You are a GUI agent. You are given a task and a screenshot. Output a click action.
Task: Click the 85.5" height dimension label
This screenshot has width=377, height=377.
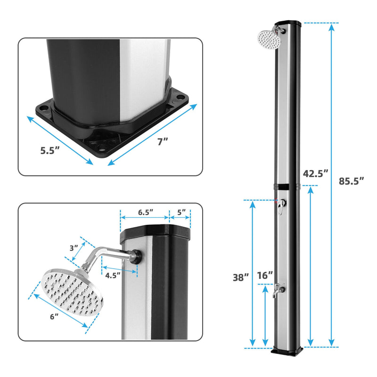[352, 180]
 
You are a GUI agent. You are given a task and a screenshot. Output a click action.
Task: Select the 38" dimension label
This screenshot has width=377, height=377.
[240, 278]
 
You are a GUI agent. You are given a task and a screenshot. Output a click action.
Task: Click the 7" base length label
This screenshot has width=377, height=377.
[163, 142]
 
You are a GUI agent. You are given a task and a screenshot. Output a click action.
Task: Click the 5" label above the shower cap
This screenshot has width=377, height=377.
[181, 212]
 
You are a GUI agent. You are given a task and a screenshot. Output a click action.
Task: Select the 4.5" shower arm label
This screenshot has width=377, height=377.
[113, 274]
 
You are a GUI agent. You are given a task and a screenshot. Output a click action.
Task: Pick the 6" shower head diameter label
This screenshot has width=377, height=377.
[55, 317]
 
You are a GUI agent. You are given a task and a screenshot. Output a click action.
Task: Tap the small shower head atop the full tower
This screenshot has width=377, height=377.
[269, 38]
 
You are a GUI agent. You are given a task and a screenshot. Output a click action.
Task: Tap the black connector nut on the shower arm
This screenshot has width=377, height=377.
[137, 256]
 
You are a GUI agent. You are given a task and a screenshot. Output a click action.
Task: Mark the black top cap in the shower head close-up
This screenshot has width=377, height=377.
[156, 233]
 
